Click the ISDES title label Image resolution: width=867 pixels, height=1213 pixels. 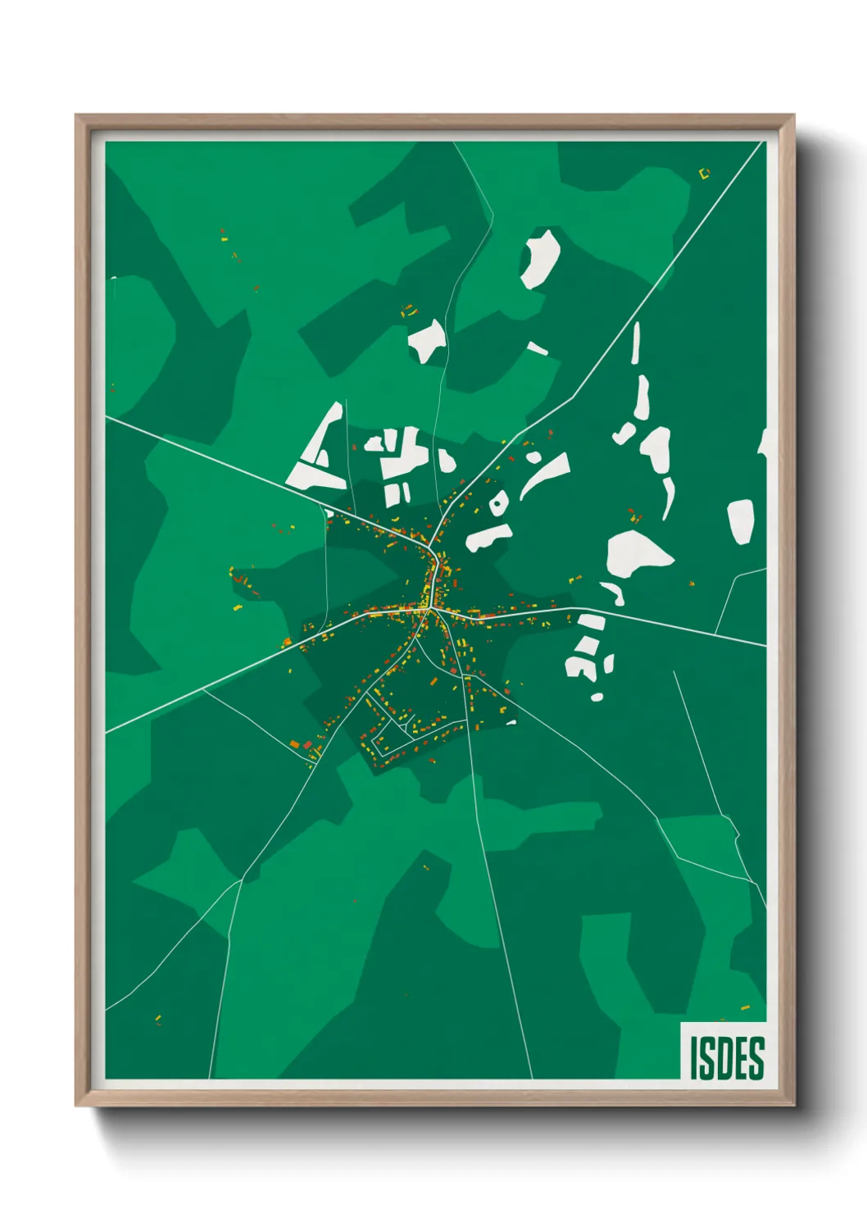[x=725, y=1056]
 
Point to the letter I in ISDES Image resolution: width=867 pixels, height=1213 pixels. [x=693, y=1057]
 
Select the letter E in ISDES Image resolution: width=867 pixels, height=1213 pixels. [x=742, y=1057]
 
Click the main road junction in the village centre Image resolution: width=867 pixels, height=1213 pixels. [x=429, y=609]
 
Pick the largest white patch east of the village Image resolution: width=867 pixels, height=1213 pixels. [x=635, y=553]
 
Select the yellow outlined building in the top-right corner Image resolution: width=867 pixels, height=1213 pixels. [x=703, y=173]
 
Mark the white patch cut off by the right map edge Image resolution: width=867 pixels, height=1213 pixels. [x=762, y=443]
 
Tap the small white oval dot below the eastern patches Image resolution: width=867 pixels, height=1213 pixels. [x=597, y=697]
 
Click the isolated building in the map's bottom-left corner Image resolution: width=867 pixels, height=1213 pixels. [x=158, y=1020]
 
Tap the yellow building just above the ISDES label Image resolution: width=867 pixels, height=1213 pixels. [x=745, y=1007]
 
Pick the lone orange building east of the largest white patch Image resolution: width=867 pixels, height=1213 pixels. [x=692, y=583]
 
